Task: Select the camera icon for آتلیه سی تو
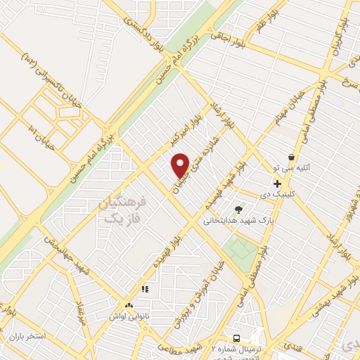pos(292,157)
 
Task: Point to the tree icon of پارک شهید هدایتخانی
pos(238,209)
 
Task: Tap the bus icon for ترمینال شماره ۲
pos(237,338)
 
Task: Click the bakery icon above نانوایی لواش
pos(128,306)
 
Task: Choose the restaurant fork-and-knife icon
pos(146,289)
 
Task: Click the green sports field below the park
pos(242,248)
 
